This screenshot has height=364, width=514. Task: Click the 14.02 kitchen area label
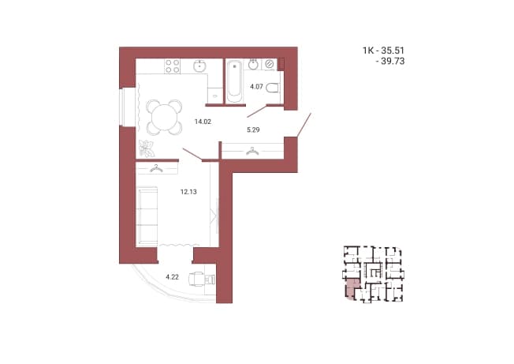203,122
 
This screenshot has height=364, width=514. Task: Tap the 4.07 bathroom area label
256,87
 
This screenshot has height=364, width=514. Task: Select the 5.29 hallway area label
253,130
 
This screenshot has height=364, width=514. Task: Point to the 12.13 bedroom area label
188,192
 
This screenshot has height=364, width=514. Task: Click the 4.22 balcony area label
172,277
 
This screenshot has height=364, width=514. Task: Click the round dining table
164,117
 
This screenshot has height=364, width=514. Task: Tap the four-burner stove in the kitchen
172,66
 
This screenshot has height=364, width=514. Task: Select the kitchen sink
199,66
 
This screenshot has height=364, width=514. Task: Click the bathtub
234,81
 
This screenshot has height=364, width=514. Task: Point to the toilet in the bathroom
273,88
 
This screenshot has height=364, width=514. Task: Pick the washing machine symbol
270,64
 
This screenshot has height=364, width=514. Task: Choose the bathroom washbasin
253,64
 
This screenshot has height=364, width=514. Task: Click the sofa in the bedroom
147,216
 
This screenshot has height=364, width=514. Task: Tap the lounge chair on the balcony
202,280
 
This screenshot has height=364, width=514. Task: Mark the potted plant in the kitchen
146,148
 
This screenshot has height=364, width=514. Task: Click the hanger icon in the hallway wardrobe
252,151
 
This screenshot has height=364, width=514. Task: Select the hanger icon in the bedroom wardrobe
156,168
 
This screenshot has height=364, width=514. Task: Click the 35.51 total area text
393,51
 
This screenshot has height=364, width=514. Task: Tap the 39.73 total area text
393,62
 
